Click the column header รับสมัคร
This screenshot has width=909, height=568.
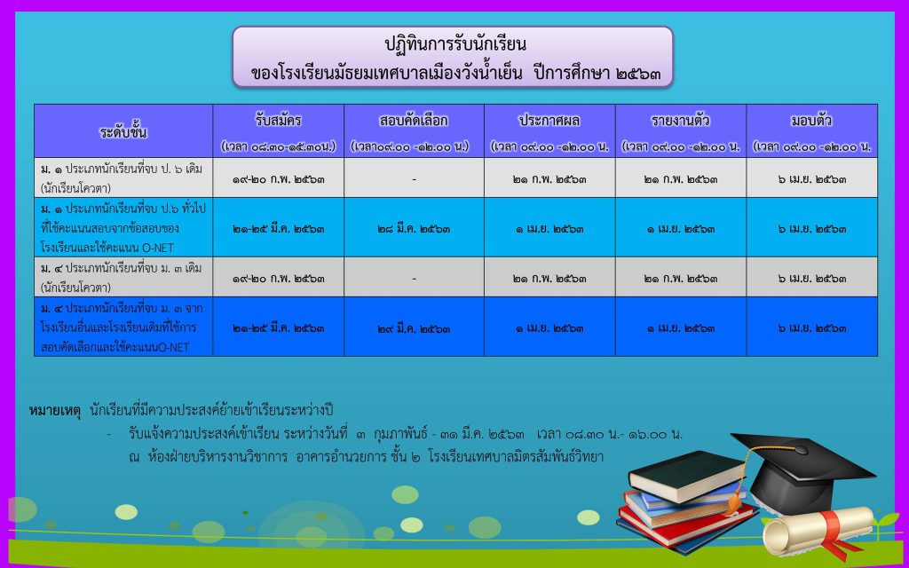[278, 121]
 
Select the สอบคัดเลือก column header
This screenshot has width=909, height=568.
[414, 121]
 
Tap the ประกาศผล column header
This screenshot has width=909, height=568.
[549, 121]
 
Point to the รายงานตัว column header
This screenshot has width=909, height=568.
[681, 121]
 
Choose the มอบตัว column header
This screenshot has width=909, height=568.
[811, 121]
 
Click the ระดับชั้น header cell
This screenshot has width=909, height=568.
[123, 132]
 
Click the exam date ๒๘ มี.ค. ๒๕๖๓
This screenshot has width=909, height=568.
[414, 229]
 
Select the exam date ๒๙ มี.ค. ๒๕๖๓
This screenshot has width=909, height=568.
[414, 328]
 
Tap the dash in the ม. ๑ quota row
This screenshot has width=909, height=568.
[414, 179]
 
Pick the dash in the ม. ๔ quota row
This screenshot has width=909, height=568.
[414, 279]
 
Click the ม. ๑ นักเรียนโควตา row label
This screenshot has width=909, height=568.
[121, 178]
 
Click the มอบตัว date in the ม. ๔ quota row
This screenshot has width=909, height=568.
[811, 279]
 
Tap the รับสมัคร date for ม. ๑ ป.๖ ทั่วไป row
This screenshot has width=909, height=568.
[278, 229]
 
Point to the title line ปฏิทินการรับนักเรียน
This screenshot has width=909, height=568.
[455, 44]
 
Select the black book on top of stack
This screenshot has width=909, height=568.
[687, 476]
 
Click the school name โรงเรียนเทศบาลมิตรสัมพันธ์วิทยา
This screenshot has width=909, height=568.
[517, 457]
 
